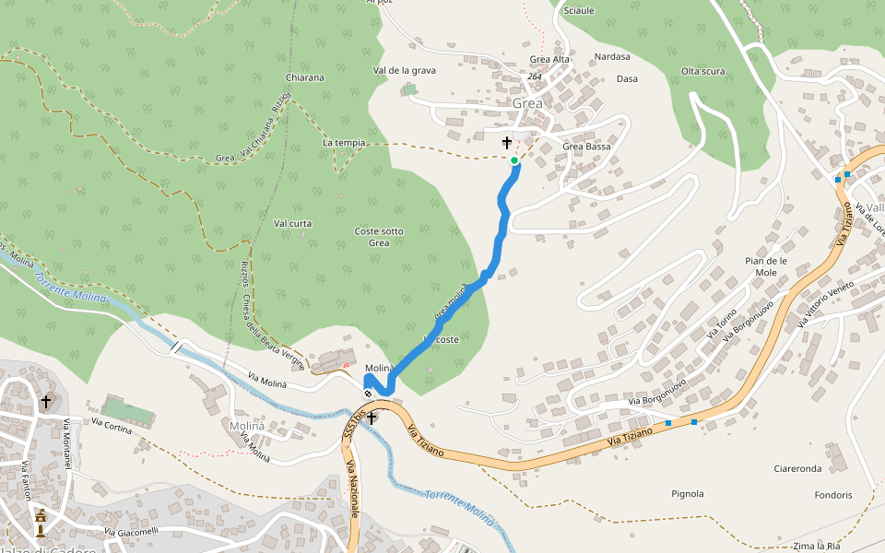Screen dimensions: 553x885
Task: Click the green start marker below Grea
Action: click(x=514, y=160)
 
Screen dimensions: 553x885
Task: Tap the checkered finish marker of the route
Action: click(x=368, y=394)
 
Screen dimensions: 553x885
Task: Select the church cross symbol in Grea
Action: click(x=506, y=143)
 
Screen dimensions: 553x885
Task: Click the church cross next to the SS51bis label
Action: click(x=372, y=418)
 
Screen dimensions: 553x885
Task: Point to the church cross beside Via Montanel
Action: click(x=45, y=402)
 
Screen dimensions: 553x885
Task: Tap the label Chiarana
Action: click(x=305, y=77)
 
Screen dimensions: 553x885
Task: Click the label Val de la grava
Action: click(x=404, y=70)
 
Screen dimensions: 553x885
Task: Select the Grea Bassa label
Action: click(x=586, y=147)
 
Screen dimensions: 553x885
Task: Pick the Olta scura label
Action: click(x=702, y=71)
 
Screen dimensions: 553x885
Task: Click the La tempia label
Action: click(x=344, y=143)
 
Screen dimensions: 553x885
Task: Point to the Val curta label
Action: click(x=292, y=224)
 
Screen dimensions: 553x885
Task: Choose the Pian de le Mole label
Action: click(x=766, y=266)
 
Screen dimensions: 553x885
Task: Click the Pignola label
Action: click(x=688, y=494)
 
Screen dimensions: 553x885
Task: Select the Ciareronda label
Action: click(x=797, y=468)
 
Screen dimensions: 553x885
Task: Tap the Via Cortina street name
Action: click(x=111, y=426)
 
